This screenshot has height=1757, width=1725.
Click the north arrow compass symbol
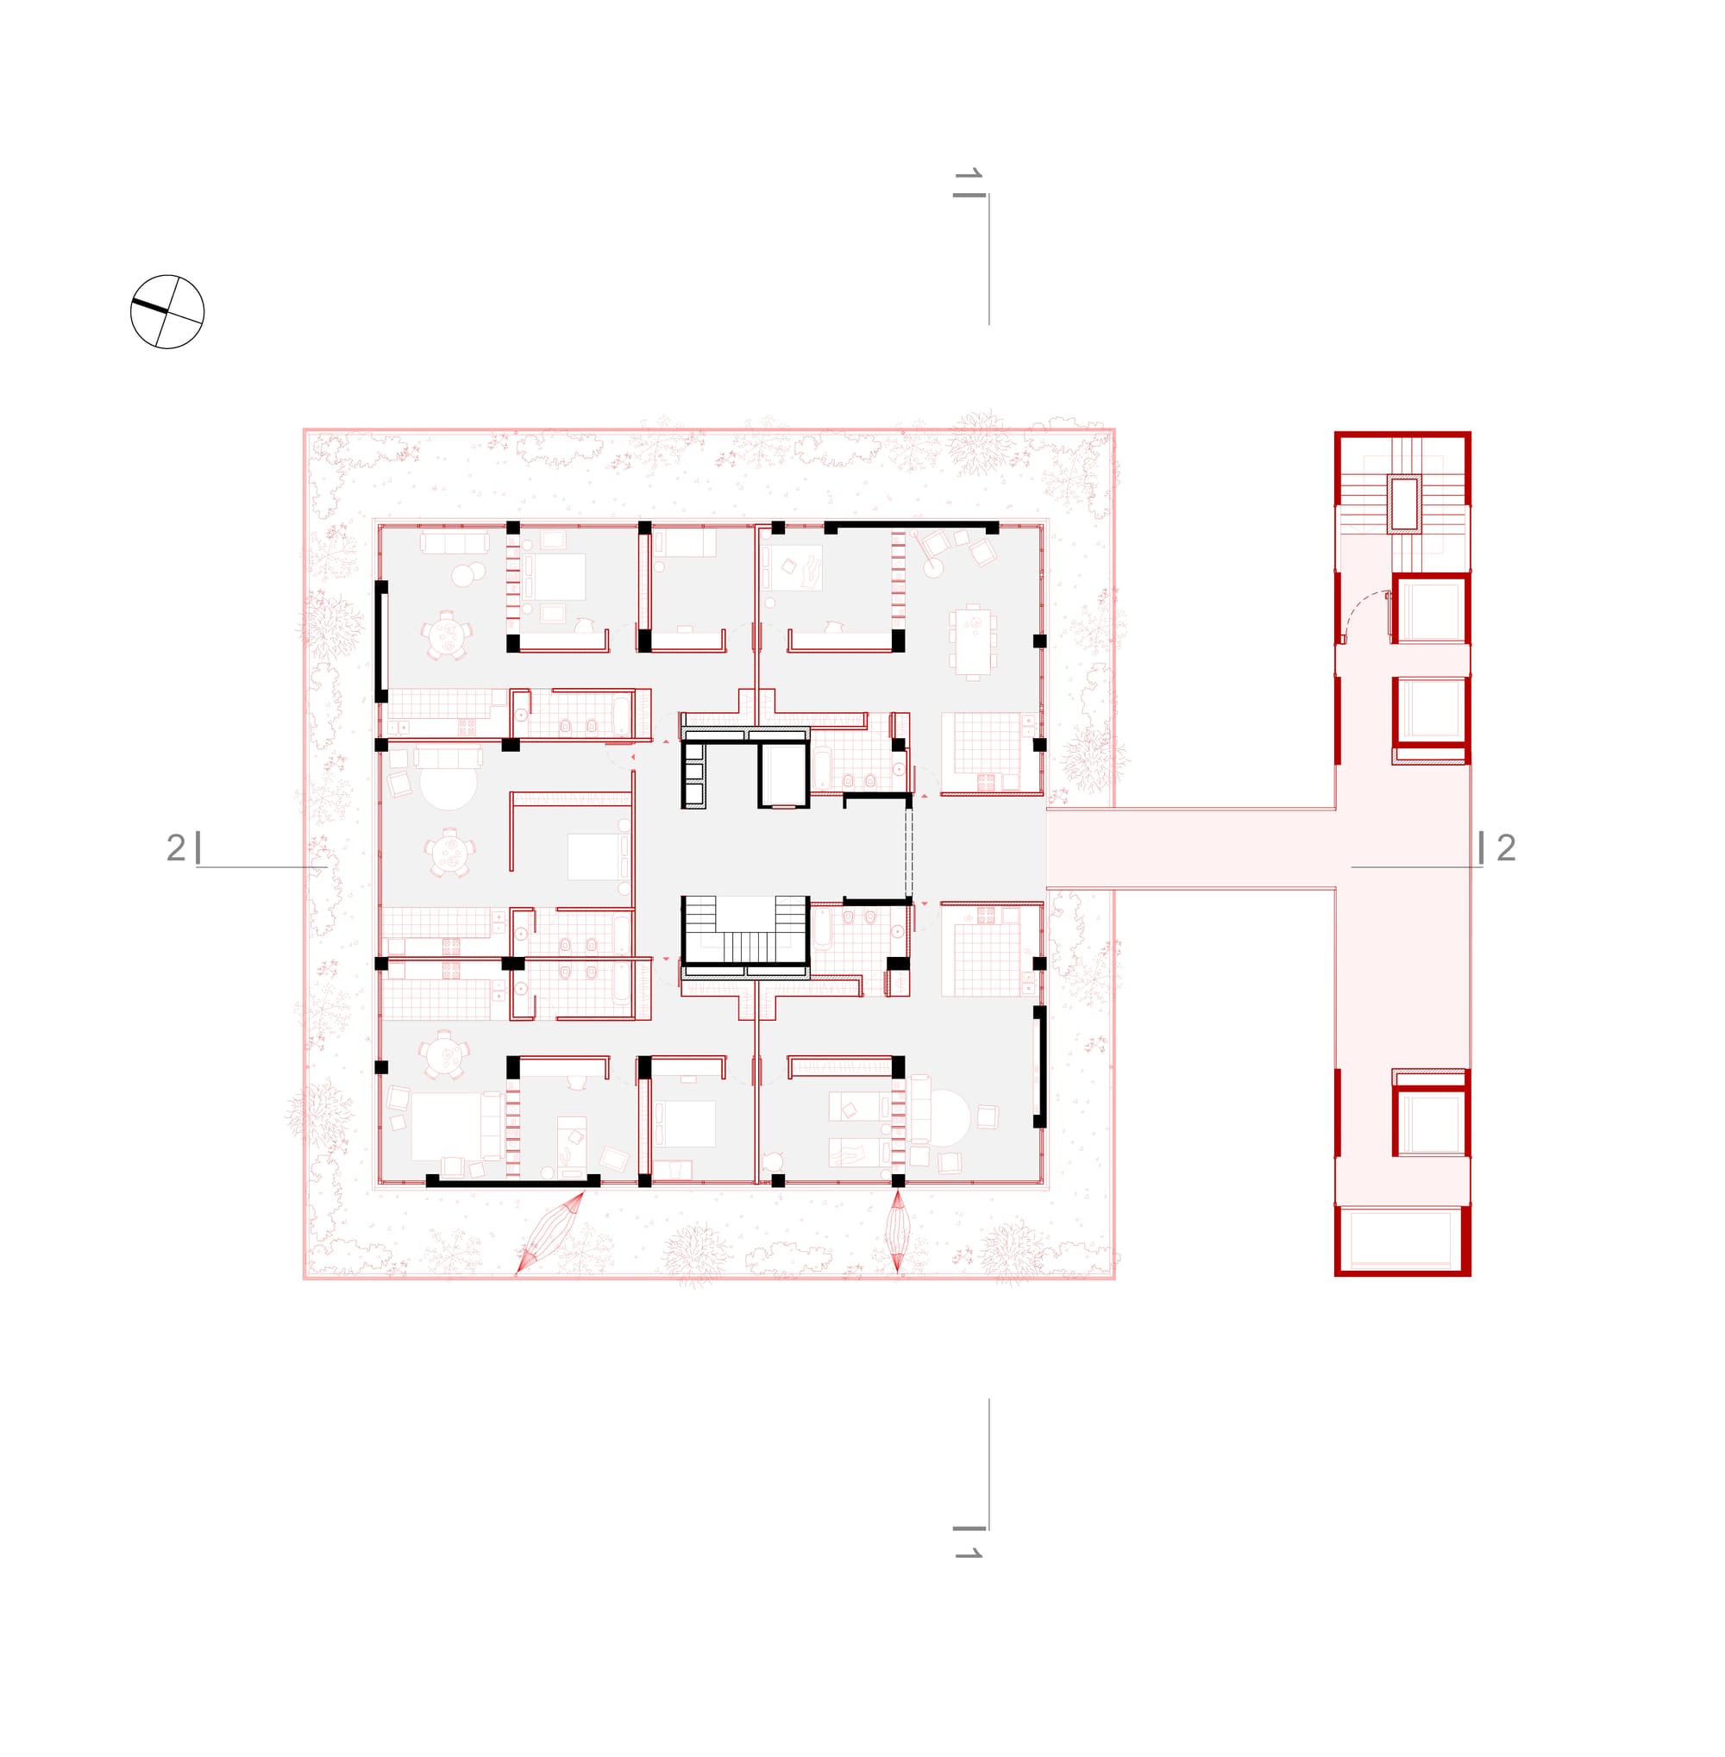click(x=167, y=311)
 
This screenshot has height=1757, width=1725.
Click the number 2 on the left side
click(x=176, y=847)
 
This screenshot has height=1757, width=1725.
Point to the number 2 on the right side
click(x=1506, y=847)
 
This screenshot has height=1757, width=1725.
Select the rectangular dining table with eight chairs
click(x=973, y=641)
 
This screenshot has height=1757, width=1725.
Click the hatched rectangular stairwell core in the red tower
click(x=1404, y=503)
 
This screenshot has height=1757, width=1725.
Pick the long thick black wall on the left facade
click(x=381, y=641)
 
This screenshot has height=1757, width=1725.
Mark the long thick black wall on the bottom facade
click(x=513, y=1181)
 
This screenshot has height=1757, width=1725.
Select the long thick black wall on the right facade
click(x=1040, y=1067)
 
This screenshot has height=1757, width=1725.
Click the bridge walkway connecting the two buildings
click(x=1191, y=847)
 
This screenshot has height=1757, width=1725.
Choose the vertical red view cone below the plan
click(x=898, y=1232)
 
